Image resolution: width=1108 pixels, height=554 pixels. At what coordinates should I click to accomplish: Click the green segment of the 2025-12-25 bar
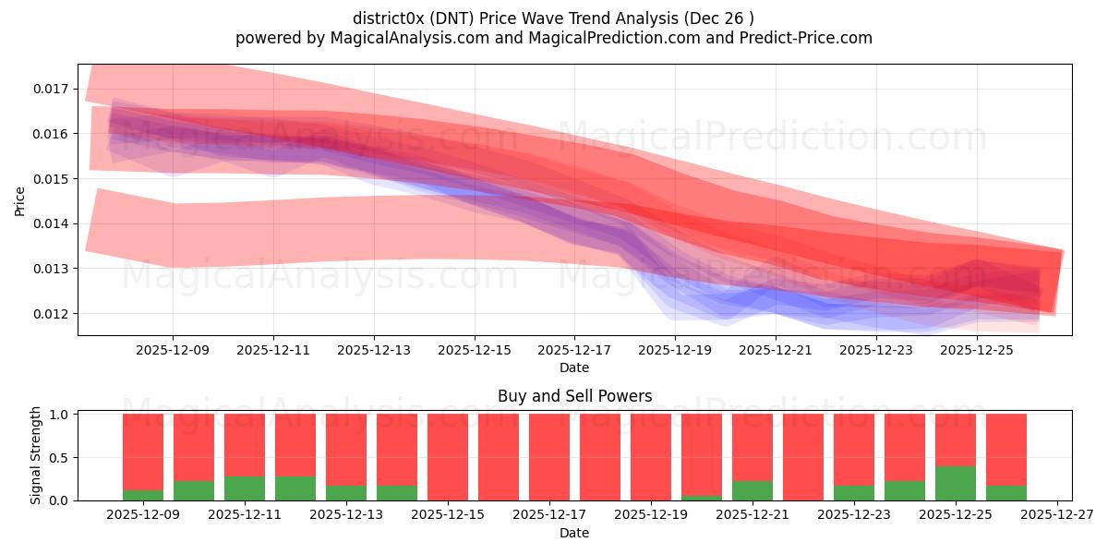point(956,483)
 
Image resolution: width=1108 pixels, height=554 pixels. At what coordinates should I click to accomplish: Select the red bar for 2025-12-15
point(448,457)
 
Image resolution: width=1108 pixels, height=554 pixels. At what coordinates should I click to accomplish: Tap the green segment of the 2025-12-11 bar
point(245,488)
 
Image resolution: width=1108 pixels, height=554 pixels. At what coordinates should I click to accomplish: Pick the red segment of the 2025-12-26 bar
point(1006,449)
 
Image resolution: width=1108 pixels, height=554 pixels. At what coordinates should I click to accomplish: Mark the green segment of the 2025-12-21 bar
point(753,490)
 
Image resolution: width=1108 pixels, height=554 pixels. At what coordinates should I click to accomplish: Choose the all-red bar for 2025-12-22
point(803,457)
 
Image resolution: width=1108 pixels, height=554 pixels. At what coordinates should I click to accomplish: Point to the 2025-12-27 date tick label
point(1056,515)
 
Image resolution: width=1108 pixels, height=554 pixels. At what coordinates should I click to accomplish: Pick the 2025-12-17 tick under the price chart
point(574,351)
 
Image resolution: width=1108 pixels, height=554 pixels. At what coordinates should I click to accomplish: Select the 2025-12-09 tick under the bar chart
point(143,515)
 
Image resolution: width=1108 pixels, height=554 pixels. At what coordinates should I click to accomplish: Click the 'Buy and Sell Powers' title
point(574,396)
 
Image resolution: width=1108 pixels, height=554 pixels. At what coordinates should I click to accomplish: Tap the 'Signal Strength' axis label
point(37,455)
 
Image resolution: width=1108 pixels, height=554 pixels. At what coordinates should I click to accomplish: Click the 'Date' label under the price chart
point(574,367)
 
